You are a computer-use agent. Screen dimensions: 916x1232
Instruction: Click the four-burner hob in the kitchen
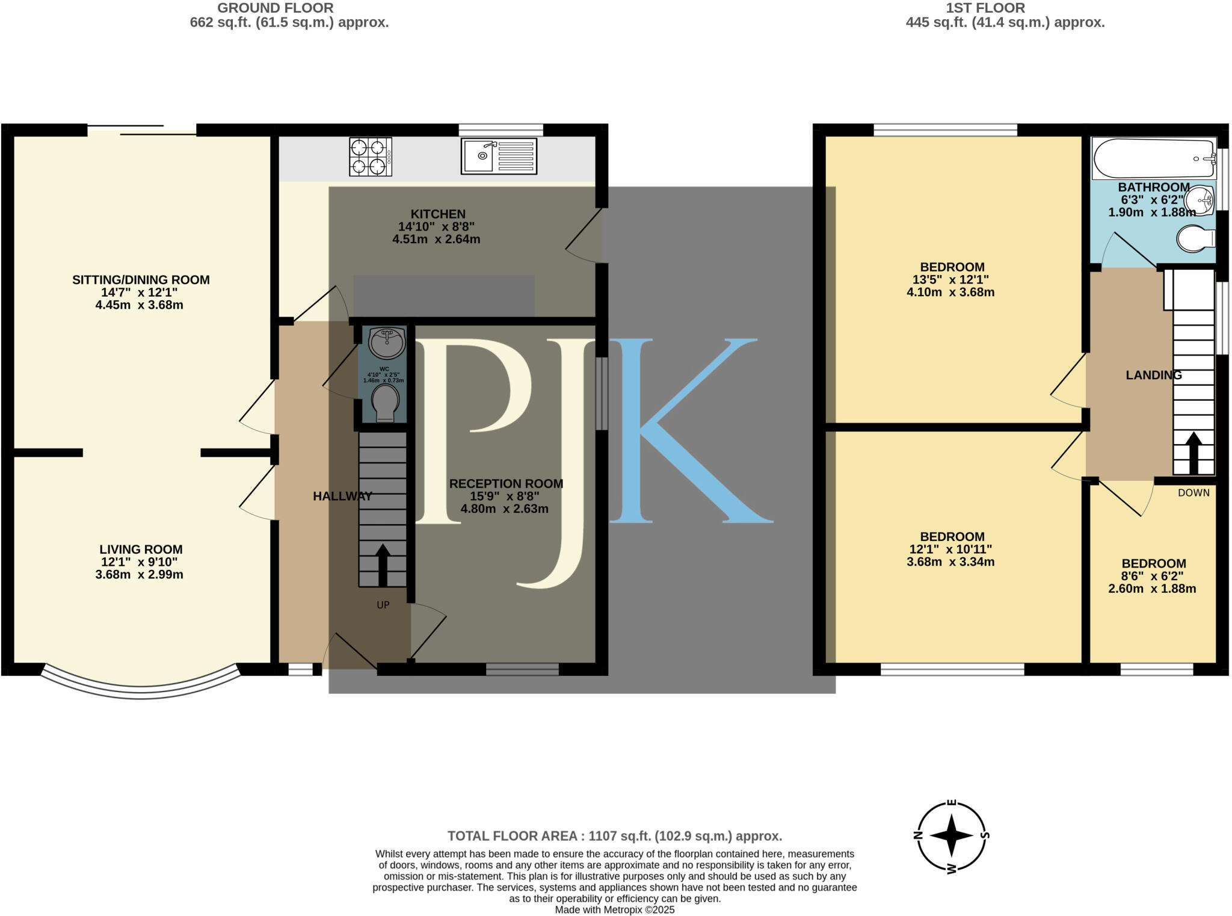(371, 157)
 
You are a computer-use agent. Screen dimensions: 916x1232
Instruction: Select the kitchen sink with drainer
(499, 156)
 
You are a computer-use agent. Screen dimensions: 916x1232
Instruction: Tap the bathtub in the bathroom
(1153, 159)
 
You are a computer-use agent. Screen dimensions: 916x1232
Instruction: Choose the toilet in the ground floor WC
(384, 403)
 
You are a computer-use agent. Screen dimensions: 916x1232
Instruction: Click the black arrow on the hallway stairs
(383, 565)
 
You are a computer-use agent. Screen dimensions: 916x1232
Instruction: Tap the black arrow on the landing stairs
(1193, 452)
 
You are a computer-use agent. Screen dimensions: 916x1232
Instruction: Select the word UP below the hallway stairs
(383, 605)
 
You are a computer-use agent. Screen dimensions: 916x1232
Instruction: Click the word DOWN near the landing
(1193, 493)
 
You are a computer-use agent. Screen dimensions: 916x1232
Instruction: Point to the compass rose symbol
(951, 836)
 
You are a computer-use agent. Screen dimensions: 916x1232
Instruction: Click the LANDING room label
(1153, 375)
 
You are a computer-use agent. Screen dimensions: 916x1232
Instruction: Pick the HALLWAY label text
(342, 496)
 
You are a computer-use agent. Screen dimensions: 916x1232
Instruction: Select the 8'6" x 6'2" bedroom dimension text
(1153, 576)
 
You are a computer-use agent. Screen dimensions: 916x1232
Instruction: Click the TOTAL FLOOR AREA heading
(614, 836)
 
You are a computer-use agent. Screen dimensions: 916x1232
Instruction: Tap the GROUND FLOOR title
(276, 8)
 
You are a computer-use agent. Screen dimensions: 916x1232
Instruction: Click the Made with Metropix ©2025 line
(614, 909)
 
